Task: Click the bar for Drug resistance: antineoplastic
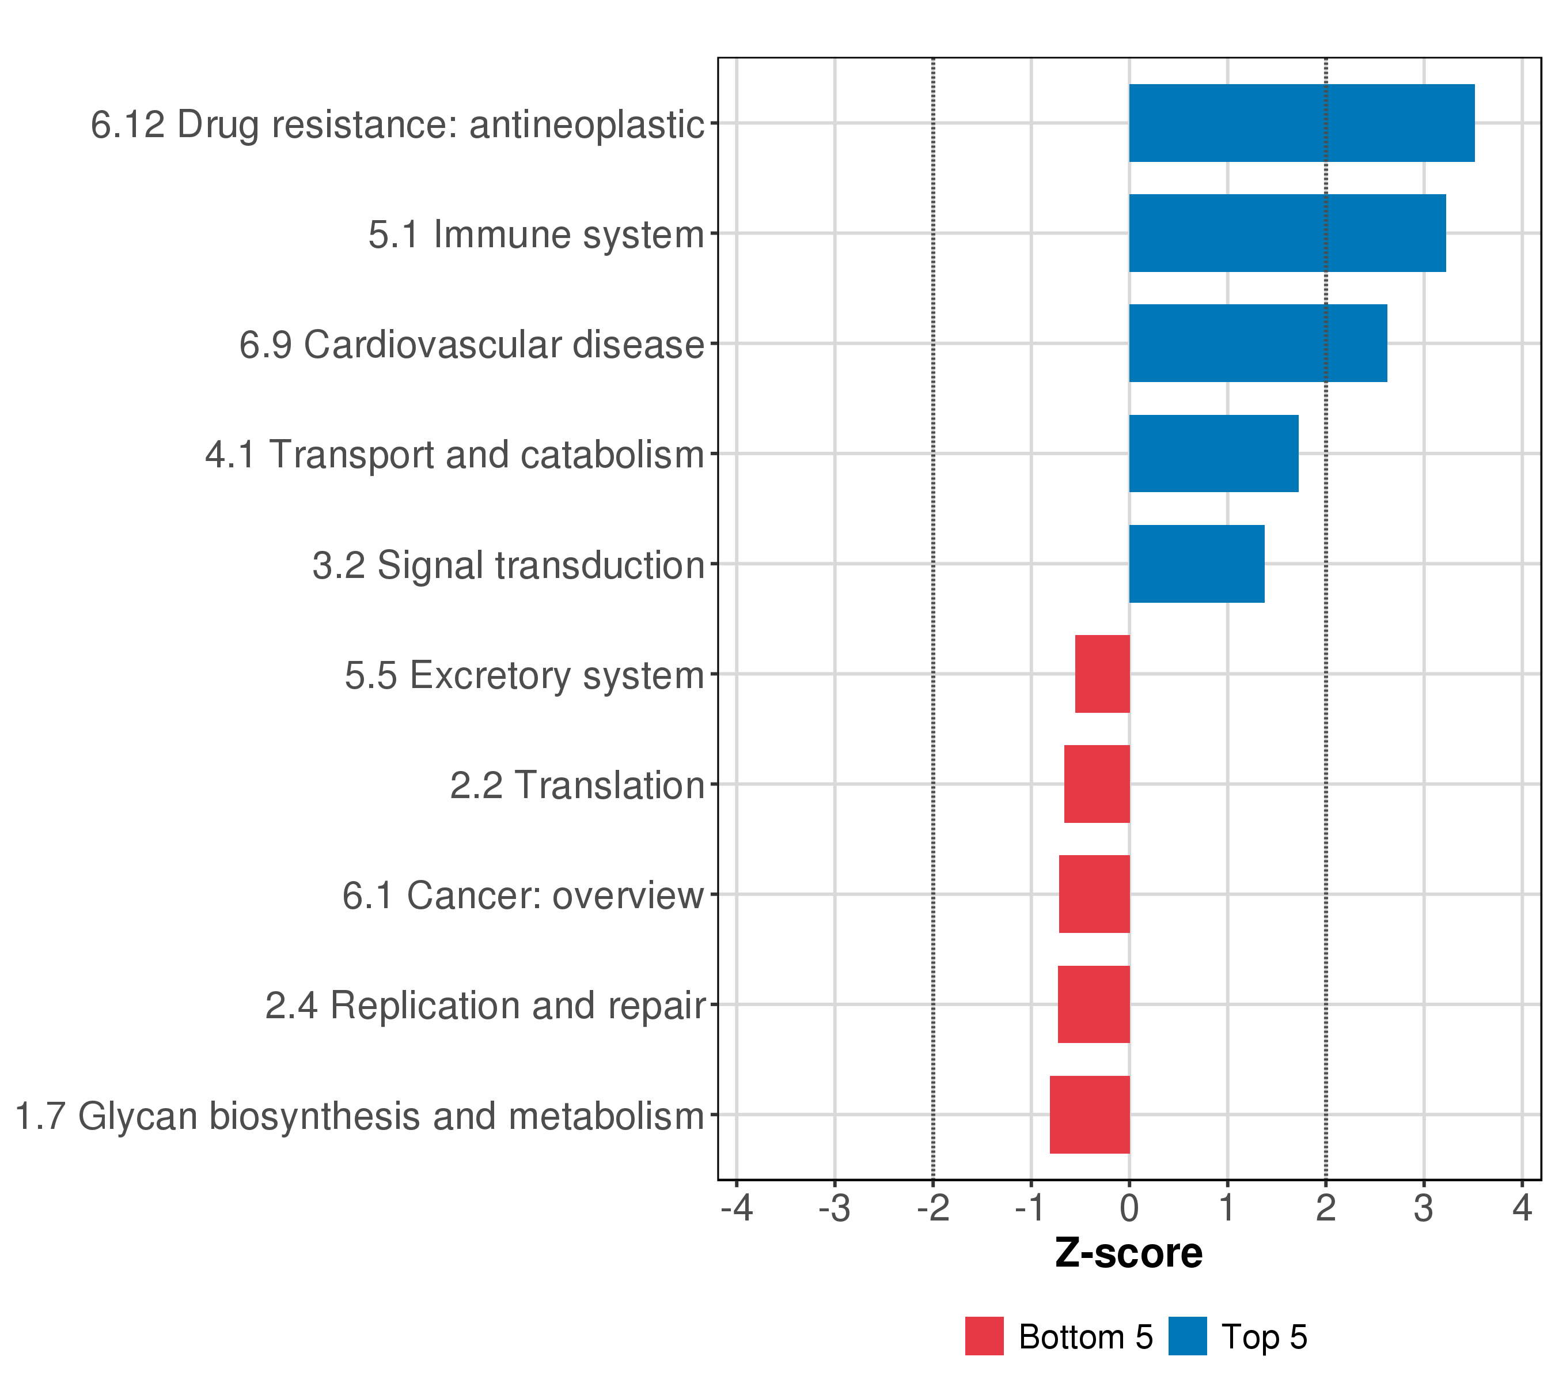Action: click(x=1301, y=123)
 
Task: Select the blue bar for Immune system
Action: click(x=1287, y=233)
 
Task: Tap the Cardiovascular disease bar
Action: click(x=1258, y=343)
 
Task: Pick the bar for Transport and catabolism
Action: click(x=1213, y=454)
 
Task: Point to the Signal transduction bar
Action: click(x=1197, y=564)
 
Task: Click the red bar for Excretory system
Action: click(x=1102, y=674)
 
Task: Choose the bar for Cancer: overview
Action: click(x=1094, y=894)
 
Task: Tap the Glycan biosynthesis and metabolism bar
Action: click(x=1090, y=1115)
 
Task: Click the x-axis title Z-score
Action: click(x=1128, y=1253)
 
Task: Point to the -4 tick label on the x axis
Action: click(x=737, y=1208)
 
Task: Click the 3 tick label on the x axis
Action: click(x=1423, y=1208)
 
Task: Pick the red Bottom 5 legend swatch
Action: click(x=984, y=1336)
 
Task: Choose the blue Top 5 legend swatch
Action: click(x=1188, y=1336)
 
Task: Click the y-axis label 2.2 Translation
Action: click(x=577, y=785)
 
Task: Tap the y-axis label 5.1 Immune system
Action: click(x=536, y=235)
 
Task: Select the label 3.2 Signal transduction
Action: click(x=508, y=565)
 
